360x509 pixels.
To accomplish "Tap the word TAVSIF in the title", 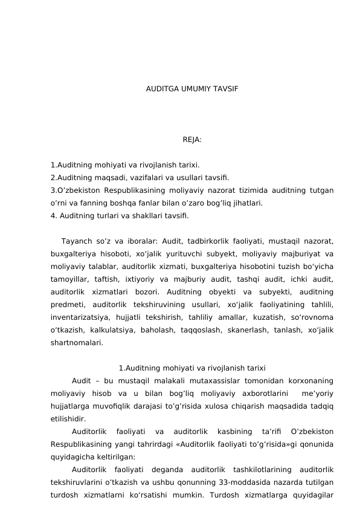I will tap(225, 89).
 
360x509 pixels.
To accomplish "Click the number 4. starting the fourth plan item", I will tap(54, 215).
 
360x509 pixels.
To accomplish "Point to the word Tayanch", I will tap(76, 241).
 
